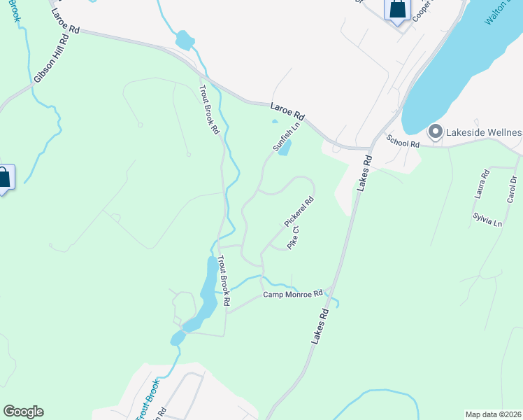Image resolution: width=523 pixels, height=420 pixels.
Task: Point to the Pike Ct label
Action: [x=294, y=238]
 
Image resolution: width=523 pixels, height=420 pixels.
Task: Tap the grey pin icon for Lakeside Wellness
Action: [x=435, y=132]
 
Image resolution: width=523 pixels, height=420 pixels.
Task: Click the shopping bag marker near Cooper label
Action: [x=396, y=10]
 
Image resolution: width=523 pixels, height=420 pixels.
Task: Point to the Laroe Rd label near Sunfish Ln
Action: [x=288, y=110]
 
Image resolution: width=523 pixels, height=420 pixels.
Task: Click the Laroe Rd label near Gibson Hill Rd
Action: [x=66, y=22]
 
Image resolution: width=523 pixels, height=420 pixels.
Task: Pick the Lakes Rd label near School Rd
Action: [x=365, y=173]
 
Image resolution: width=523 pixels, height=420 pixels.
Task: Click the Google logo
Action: [x=23, y=412]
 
